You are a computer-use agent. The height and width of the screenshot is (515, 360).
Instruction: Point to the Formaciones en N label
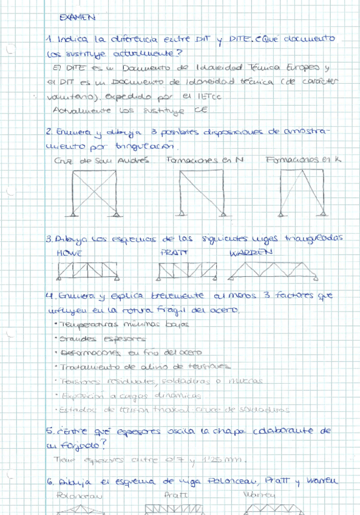[x=205, y=160]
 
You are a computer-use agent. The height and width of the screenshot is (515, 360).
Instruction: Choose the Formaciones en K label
[x=304, y=160]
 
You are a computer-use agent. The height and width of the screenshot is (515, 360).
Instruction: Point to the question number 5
[x=49, y=431]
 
